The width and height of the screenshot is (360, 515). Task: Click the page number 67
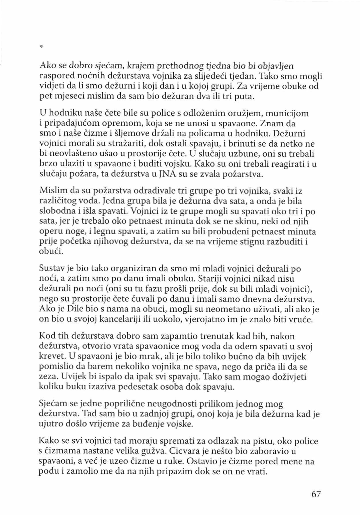coord(316,494)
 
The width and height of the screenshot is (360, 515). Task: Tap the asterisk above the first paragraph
coord(41,46)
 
